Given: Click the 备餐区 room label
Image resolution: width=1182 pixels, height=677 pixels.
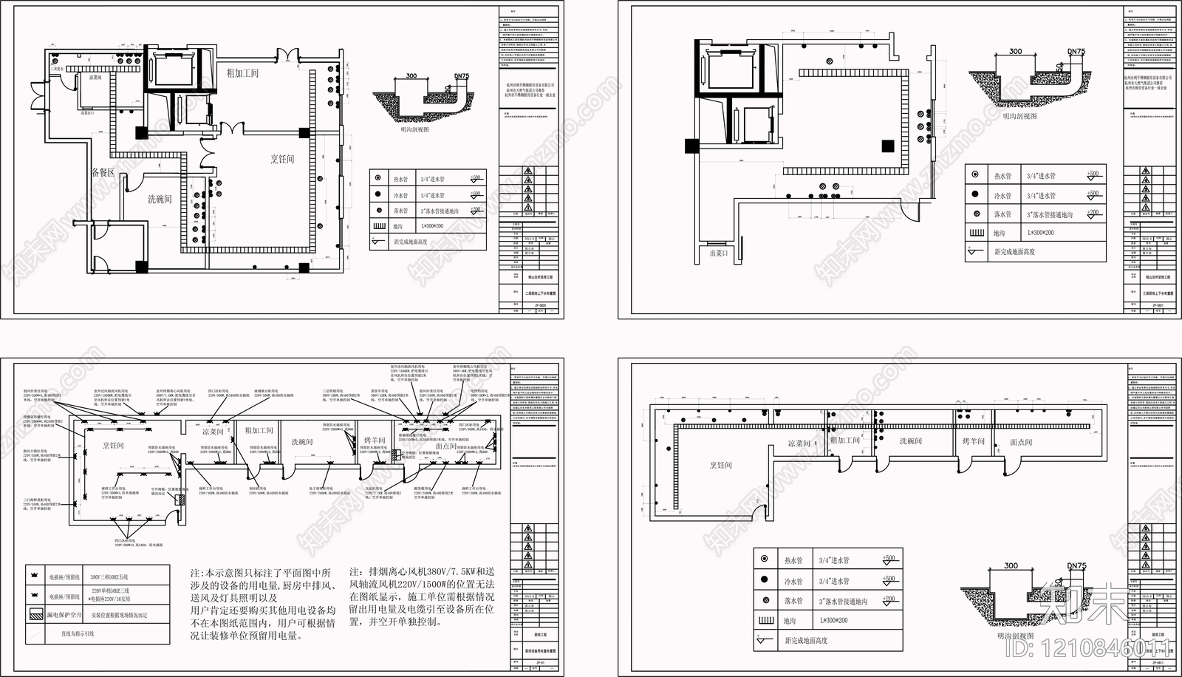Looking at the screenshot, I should pyautogui.click(x=103, y=172).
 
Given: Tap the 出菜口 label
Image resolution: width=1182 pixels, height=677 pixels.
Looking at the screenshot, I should pyautogui.click(x=719, y=253).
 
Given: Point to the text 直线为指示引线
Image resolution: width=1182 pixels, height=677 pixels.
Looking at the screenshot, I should pyautogui.click(x=78, y=633).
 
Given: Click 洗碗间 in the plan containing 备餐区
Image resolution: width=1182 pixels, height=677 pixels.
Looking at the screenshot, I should pyautogui.click(x=159, y=199).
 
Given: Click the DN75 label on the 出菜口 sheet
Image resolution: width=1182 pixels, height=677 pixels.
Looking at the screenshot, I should pyautogui.click(x=1076, y=52).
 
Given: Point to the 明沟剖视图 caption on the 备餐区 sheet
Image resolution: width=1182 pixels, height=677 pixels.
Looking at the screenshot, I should pyautogui.click(x=414, y=129).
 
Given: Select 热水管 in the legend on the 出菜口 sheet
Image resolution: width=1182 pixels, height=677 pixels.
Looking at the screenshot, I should pyautogui.click(x=1002, y=176).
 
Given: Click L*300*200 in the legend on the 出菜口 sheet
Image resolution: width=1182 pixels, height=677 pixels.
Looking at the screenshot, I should pyautogui.click(x=1040, y=233).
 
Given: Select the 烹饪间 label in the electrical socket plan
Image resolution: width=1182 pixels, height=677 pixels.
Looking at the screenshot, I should pyautogui.click(x=113, y=445).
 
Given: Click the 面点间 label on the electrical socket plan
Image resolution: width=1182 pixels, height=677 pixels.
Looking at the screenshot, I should pyautogui.click(x=446, y=446).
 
